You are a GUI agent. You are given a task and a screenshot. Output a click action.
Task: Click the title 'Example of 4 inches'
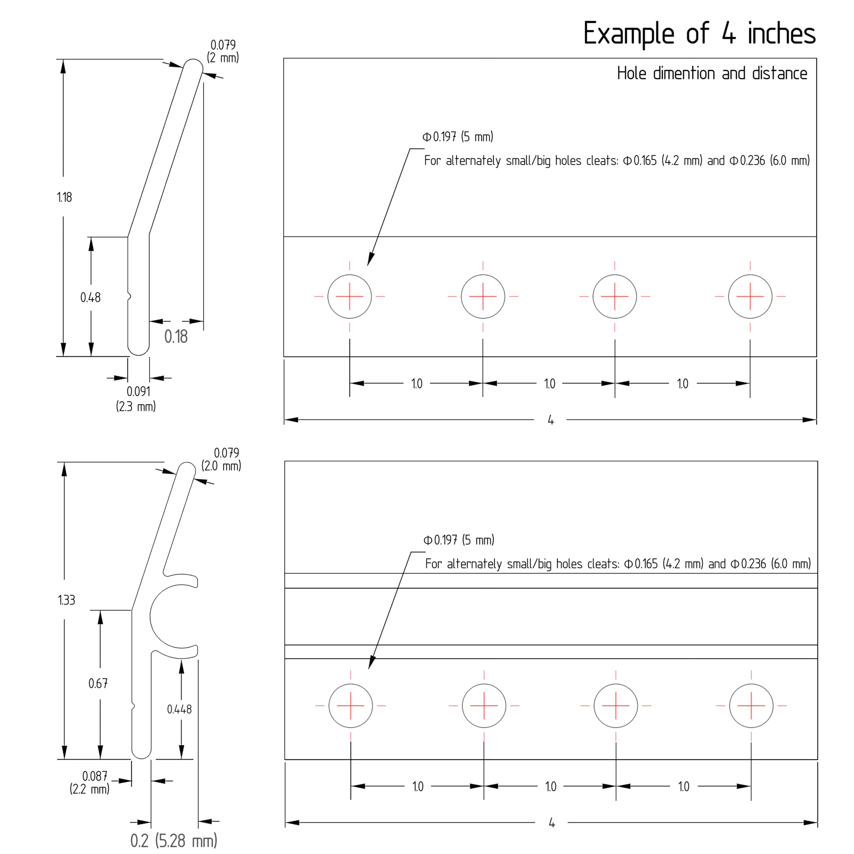(x=699, y=34)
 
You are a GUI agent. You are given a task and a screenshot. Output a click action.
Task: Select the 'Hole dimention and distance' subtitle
(x=712, y=73)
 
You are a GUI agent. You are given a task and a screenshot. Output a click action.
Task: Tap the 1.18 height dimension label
(x=64, y=197)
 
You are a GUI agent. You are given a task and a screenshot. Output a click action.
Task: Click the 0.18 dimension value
(x=176, y=337)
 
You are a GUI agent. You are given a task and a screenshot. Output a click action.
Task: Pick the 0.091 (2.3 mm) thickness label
(x=136, y=399)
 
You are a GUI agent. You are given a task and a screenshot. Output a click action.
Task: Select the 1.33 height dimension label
(x=67, y=600)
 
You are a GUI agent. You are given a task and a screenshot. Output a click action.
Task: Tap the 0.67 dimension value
(x=98, y=684)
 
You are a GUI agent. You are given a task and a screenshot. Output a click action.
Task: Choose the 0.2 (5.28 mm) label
(x=174, y=840)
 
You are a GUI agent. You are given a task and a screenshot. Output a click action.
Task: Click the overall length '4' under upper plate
(x=551, y=420)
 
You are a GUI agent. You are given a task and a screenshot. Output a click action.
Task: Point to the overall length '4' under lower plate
(x=552, y=823)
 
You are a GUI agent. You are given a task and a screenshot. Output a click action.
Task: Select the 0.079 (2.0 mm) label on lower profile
(x=222, y=459)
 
